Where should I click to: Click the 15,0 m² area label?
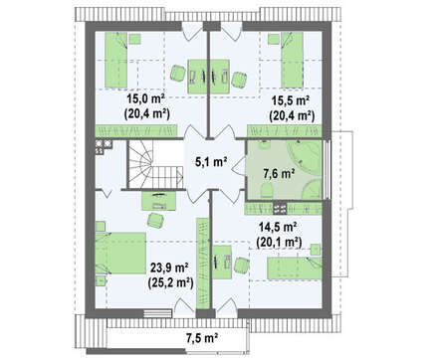coord(146,98)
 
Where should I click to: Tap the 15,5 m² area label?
coord(291,100)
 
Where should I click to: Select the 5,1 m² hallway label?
coord(211,162)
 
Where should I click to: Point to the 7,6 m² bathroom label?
coord(280,173)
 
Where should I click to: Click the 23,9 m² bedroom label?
coord(169,267)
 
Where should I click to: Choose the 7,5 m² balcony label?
coord(202,338)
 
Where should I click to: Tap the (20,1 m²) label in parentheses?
coord(279,243)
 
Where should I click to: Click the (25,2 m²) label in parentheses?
coord(170,282)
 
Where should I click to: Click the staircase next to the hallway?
coord(155,165)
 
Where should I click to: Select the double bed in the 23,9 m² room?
coord(120,253)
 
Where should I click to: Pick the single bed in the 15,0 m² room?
coord(116,60)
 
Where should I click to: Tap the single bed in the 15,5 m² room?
coord(292,60)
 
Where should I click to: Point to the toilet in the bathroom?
coord(266,191)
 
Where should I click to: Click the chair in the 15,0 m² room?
coord(177,73)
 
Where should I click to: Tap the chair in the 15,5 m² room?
coord(239,80)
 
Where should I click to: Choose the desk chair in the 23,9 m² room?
coord(155,220)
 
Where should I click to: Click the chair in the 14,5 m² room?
coord(242,266)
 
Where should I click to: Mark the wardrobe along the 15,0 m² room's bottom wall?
coord(136,130)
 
